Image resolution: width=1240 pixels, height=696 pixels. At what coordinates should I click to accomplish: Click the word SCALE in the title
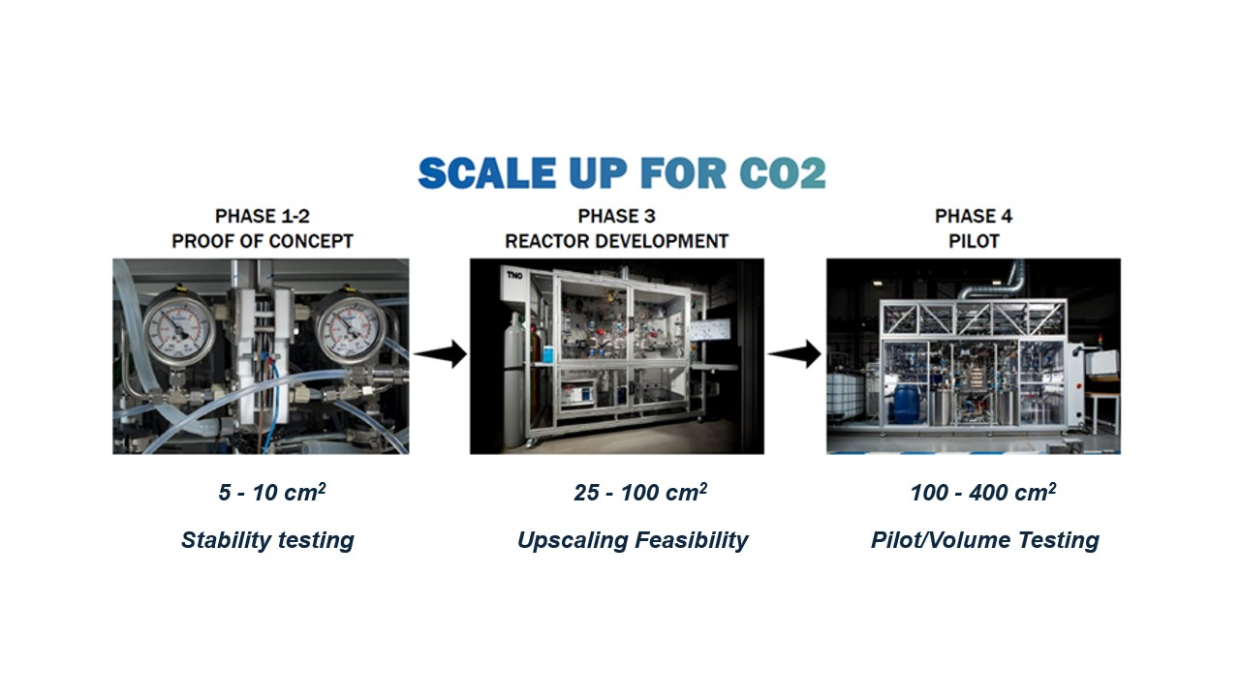tap(487, 173)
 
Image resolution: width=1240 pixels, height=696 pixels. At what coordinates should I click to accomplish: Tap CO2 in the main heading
tap(783, 173)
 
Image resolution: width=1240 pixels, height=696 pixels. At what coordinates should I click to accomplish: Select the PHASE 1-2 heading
tap(263, 216)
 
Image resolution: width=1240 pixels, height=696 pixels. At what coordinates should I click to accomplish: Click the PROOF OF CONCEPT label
tap(263, 241)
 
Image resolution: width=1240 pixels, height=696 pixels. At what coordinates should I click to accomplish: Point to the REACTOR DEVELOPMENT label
tap(617, 241)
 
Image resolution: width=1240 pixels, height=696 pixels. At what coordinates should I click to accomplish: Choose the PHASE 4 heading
tap(974, 216)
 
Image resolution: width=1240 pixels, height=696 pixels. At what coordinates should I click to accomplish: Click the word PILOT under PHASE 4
tap(974, 241)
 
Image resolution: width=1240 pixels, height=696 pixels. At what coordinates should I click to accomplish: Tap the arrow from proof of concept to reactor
tap(440, 354)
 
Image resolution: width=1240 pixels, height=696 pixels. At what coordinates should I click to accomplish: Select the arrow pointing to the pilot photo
tap(794, 354)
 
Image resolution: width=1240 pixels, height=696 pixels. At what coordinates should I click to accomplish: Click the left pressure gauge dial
tap(178, 331)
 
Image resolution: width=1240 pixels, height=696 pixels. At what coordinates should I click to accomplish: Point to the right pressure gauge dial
tap(351, 328)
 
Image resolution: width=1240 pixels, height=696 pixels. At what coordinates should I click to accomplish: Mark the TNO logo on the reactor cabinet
tap(514, 275)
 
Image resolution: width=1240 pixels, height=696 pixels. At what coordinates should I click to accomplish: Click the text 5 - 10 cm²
tap(272, 492)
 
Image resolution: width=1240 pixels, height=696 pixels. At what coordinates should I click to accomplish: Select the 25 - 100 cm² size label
tap(640, 492)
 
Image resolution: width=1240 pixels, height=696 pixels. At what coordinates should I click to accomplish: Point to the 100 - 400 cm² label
tap(983, 492)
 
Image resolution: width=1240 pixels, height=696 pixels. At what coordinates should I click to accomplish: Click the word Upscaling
tap(573, 540)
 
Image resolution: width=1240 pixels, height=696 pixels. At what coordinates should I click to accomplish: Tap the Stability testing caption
tap(267, 540)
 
